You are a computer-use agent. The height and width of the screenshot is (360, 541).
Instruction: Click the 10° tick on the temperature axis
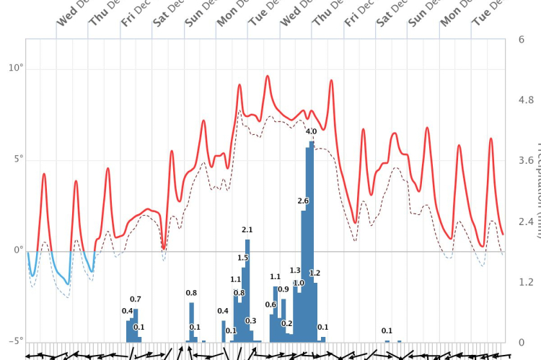coord(16,68)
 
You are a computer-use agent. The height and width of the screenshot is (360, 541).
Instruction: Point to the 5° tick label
coord(16,159)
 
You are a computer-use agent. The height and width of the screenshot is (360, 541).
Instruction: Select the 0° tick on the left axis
coord(16,250)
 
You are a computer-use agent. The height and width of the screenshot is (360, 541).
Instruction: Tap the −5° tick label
coord(14,341)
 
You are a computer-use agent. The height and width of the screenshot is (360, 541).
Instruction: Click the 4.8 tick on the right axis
coord(526,100)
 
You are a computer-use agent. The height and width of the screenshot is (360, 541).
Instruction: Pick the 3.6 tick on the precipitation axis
coord(526,161)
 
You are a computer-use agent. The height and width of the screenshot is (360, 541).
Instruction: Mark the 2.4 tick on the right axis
coord(526,221)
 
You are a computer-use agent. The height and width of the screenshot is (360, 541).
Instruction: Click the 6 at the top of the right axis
coord(521,39)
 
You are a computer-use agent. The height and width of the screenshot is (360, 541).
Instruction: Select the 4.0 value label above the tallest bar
coord(311,132)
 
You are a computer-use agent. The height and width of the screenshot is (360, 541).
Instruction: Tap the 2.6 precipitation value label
coord(303,201)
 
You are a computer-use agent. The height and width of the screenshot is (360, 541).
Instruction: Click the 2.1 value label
coord(247,230)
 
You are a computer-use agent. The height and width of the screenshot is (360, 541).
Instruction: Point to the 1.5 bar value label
coord(243,258)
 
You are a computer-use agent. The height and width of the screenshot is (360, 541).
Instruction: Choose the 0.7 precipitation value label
coord(136,299)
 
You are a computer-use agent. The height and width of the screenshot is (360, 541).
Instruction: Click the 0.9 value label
coord(283,289)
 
